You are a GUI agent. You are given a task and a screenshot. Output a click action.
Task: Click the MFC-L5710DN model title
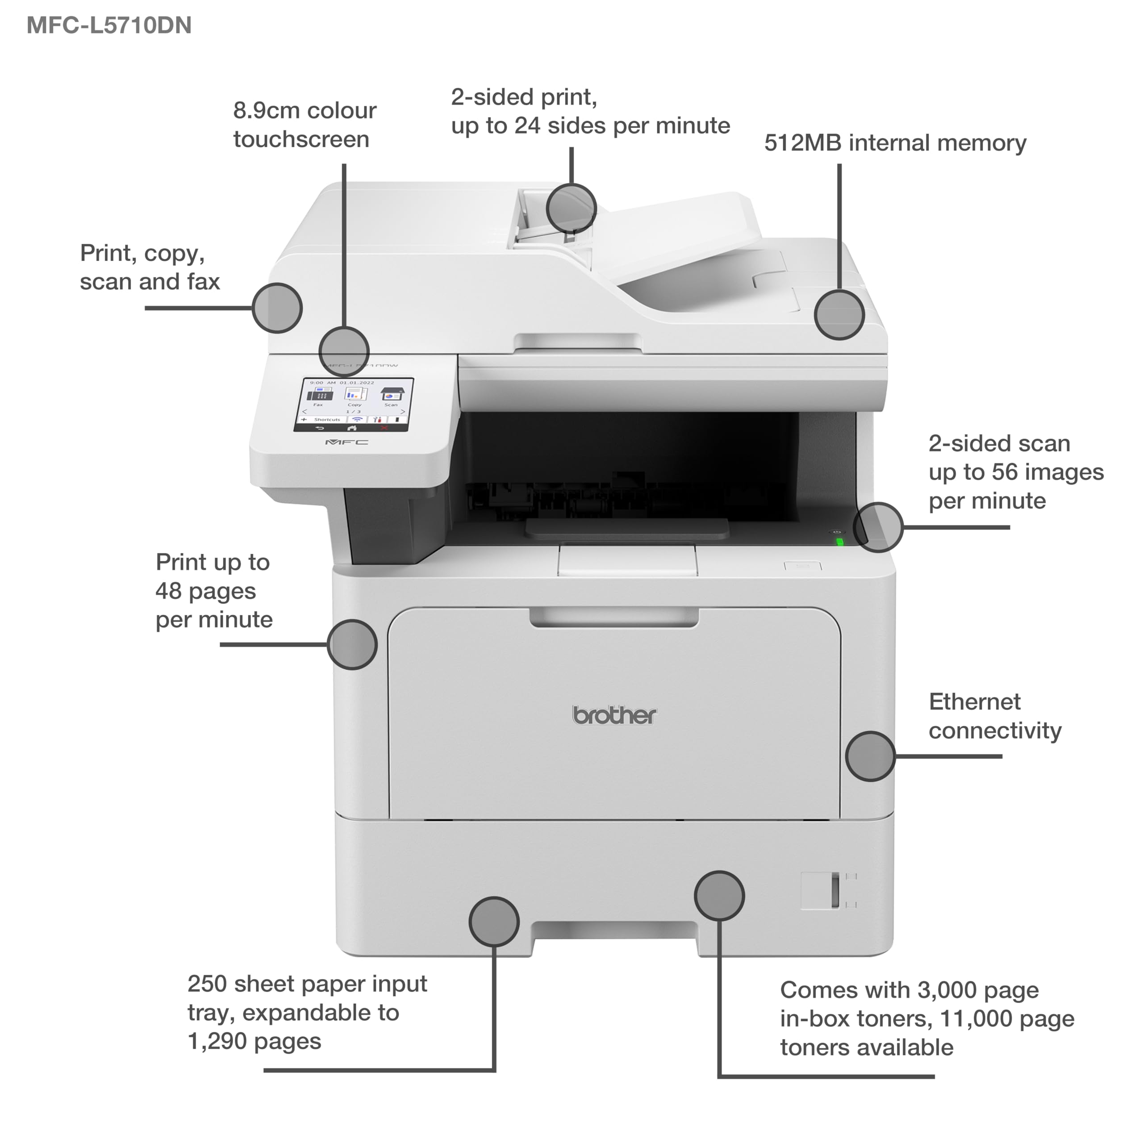(109, 25)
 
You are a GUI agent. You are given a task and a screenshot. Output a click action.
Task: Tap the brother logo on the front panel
(614, 716)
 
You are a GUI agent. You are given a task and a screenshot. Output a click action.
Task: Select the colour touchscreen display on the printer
(354, 405)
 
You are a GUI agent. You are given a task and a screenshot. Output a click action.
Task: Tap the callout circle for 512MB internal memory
(839, 315)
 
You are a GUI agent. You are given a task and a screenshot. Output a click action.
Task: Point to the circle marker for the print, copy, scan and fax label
(277, 308)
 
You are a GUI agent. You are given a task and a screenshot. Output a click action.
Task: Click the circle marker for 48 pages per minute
(352, 644)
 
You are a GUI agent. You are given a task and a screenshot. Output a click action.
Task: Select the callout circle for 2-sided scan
(879, 527)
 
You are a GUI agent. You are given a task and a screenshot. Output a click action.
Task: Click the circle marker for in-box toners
(719, 895)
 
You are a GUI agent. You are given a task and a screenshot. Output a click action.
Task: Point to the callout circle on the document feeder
(571, 208)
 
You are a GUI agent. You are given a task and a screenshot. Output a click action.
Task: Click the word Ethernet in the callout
(974, 702)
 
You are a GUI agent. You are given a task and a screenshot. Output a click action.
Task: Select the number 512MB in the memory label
(802, 143)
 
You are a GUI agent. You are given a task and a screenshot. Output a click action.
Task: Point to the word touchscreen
(301, 140)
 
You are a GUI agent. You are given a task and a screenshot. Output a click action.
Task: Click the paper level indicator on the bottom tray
(835, 890)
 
